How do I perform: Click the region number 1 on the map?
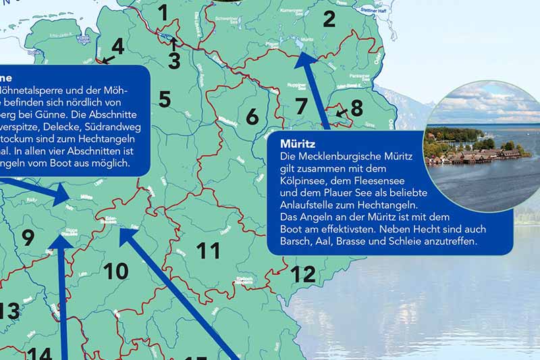pos(163,12)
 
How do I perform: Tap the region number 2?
pos(329,19)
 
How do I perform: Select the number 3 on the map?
pos(174,61)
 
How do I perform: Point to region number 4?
pos(118,47)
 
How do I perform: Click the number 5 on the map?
pos(165,99)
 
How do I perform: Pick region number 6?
pos(252,117)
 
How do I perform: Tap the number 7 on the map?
pos(301,106)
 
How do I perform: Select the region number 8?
pos(356,107)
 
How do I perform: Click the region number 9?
pos(28,238)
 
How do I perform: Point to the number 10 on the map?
pos(115,272)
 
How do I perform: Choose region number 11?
pos(208,251)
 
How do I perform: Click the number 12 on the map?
pos(303,274)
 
